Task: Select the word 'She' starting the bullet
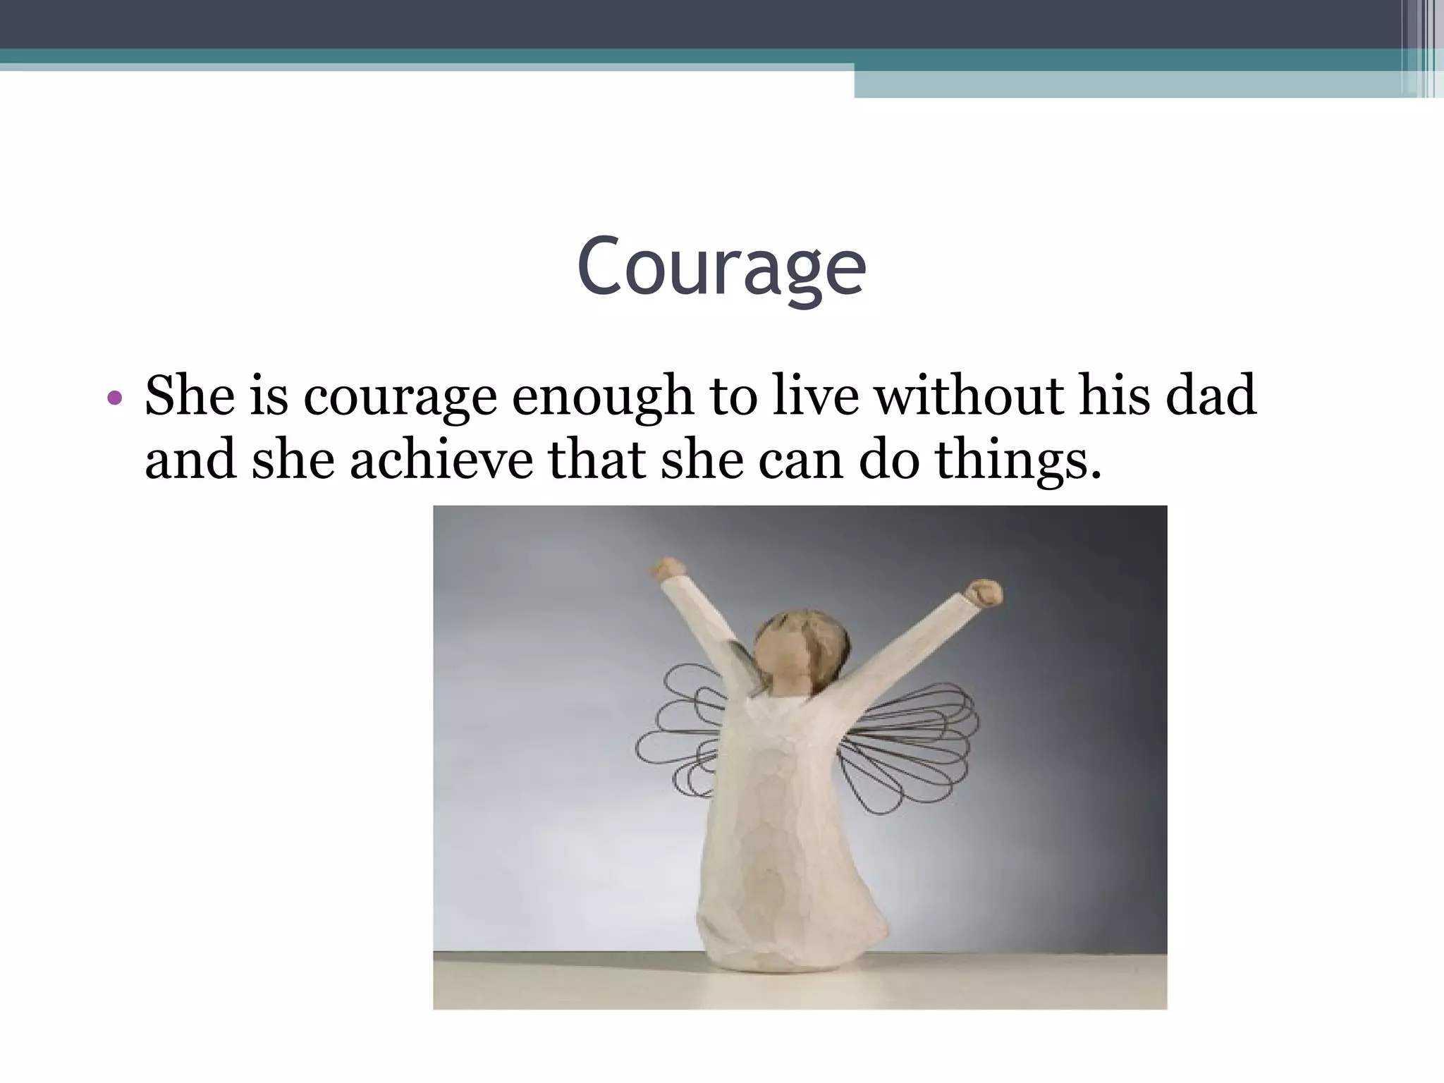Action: coord(189,396)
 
